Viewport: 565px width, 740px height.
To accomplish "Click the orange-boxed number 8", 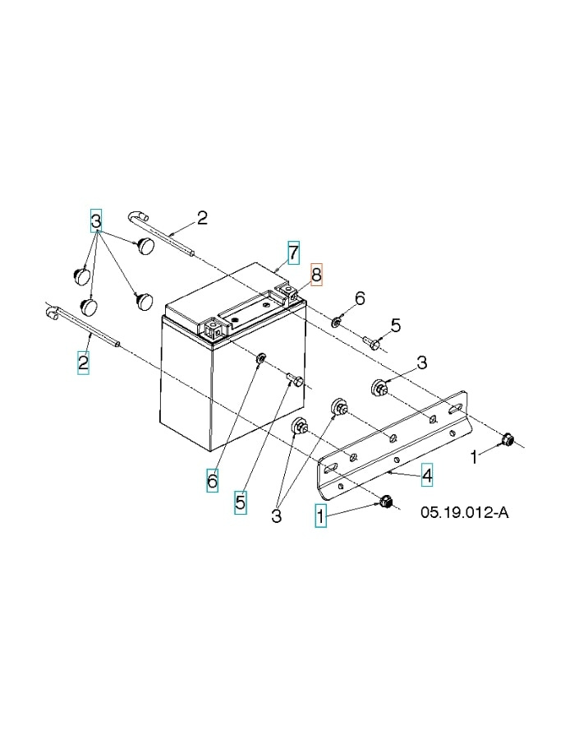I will point(316,274).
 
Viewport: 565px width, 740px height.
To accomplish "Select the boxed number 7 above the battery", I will point(293,250).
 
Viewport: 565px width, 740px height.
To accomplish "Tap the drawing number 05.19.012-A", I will point(465,513).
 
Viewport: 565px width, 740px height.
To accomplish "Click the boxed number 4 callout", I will point(427,474).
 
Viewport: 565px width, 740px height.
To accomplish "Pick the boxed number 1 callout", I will point(321,516).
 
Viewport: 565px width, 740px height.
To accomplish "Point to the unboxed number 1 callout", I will point(473,456).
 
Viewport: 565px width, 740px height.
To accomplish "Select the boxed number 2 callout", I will point(84,362).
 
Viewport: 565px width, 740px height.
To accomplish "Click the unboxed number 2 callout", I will point(201,218).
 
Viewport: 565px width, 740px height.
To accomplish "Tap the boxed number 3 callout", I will point(96,220).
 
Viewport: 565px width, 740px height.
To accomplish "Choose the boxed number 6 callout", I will point(212,481).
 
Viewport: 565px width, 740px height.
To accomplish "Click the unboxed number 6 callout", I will point(359,297).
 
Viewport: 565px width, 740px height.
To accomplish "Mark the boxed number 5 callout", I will point(240,502).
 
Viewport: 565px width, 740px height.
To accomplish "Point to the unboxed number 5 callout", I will point(395,326).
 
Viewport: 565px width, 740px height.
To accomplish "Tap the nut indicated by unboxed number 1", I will point(507,440).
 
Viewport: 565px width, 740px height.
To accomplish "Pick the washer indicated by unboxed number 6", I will point(338,320).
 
